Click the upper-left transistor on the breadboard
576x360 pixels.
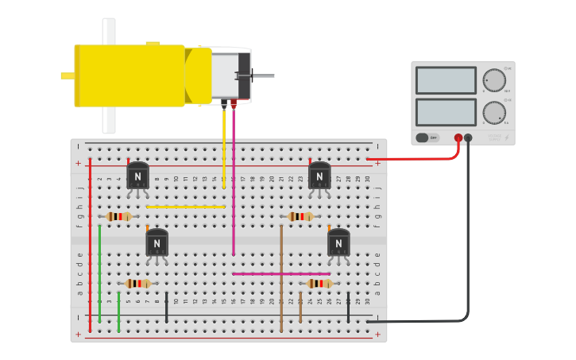point(137,176)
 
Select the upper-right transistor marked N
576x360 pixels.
point(319,176)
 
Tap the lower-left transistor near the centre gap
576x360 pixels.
point(157,242)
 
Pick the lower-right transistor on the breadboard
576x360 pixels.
point(338,242)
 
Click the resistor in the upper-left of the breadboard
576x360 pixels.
point(119,216)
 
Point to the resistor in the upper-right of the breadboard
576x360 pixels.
point(300,216)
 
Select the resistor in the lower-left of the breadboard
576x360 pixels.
point(138,284)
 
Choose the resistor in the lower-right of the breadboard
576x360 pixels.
point(320,284)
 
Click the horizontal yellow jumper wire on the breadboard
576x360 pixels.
point(185,207)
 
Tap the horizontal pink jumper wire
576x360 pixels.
point(281,274)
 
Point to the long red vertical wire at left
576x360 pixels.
point(90,246)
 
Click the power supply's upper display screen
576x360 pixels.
point(446,80)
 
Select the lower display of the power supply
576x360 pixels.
point(446,112)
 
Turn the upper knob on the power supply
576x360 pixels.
point(494,80)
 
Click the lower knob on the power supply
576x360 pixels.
point(494,113)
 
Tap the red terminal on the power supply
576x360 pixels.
point(458,138)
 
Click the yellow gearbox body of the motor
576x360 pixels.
point(131,75)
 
